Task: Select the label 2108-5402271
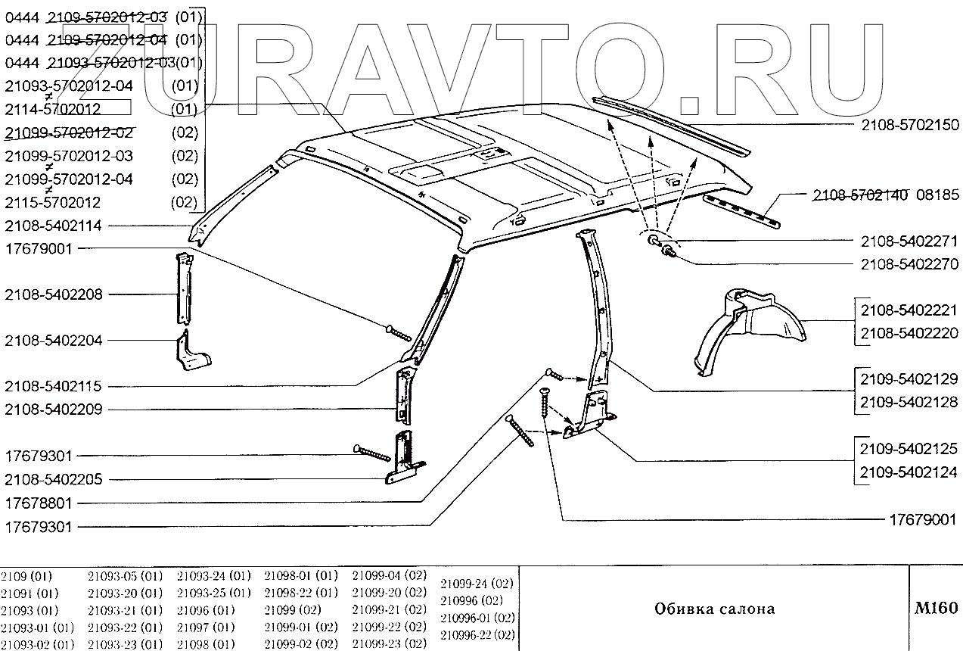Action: click(909, 241)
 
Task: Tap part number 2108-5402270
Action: click(909, 264)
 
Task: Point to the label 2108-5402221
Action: click(909, 310)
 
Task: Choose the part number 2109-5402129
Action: click(909, 378)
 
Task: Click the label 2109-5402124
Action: click(909, 472)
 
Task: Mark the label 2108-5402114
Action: click(53, 225)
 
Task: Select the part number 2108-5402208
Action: click(53, 294)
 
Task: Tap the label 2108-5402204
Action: click(53, 340)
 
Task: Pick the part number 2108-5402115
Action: click(53, 386)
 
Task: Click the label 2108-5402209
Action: click(53, 410)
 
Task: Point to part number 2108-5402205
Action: click(53, 479)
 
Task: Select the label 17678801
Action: click(39, 503)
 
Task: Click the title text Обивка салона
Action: click(714, 609)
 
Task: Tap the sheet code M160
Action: click(936, 608)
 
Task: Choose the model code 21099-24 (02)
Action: click(477, 584)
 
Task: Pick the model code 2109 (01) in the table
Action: click(26, 575)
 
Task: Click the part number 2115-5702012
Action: click(53, 203)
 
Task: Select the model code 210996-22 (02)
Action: click(477, 634)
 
